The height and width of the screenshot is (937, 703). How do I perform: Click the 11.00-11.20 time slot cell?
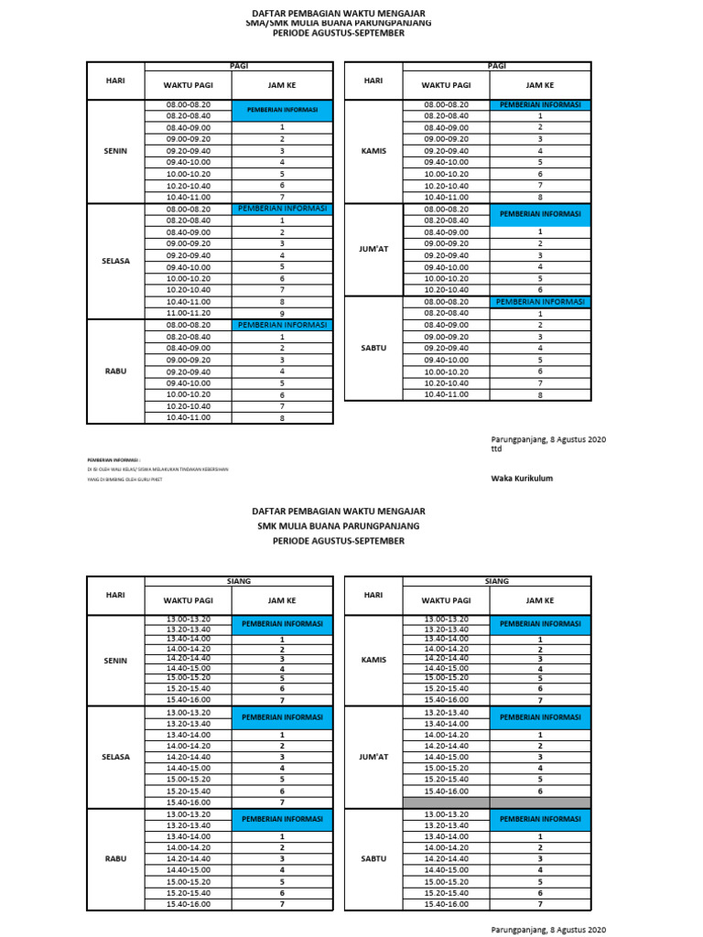point(189,312)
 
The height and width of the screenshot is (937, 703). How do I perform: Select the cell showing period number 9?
point(282,313)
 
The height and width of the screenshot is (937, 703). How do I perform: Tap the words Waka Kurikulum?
point(522,478)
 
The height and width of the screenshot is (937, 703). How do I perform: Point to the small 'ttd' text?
point(496,449)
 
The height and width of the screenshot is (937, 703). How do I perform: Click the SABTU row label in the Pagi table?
point(373,349)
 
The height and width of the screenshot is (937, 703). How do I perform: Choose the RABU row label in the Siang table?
point(115,859)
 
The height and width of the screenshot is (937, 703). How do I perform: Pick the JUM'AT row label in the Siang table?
point(373,758)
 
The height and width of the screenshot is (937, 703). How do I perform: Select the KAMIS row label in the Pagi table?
point(373,151)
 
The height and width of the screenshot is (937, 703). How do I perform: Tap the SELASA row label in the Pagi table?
point(115,261)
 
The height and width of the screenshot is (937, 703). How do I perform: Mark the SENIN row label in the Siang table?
point(115,660)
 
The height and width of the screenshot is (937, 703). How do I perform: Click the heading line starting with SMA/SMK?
point(339,23)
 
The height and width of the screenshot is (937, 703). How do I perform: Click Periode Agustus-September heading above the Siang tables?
point(339,541)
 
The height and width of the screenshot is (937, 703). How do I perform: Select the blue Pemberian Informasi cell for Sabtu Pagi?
point(540,302)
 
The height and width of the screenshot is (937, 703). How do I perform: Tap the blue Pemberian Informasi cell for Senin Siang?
point(282,624)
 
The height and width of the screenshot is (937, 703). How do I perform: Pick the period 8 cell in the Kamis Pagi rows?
point(540,197)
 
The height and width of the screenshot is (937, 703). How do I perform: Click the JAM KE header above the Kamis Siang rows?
point(540,600)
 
